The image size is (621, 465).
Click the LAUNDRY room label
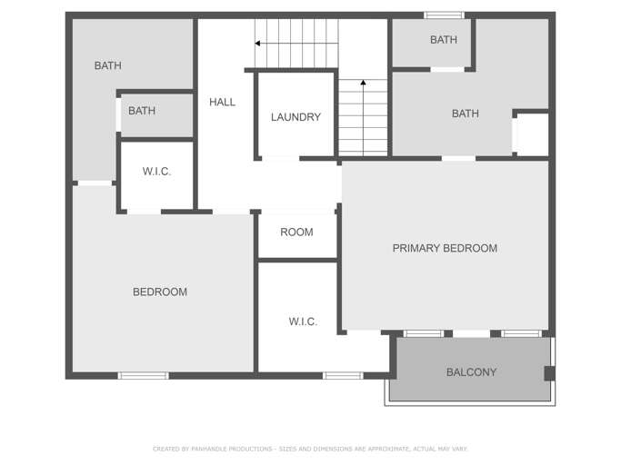295,117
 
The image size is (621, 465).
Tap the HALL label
222,102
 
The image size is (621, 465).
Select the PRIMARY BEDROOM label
445,248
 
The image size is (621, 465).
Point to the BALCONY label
471,372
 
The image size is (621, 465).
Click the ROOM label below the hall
296,232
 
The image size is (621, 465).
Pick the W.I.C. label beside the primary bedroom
303,322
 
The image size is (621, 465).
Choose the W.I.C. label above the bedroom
156,172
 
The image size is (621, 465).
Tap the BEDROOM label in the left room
160,292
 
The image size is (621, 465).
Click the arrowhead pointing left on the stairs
257,43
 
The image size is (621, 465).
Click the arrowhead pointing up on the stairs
363,83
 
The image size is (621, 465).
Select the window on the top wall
444,15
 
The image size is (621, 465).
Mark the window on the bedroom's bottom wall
144,376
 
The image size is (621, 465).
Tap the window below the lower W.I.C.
343,376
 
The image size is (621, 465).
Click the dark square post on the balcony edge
550,373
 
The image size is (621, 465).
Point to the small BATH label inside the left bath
142,111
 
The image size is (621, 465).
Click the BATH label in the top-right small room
444,40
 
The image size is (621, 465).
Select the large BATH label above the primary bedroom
466,114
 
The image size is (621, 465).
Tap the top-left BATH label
107,65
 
